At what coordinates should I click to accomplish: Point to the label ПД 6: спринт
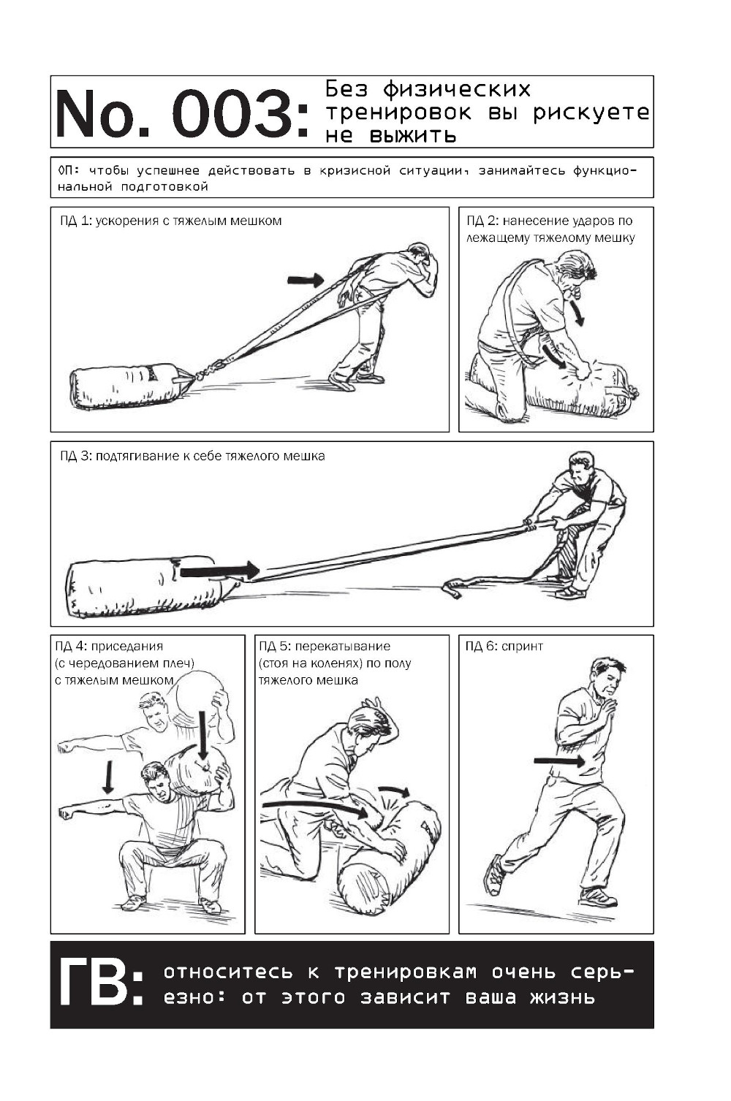(x=504, y=646)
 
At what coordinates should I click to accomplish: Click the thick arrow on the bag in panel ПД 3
(x=219, y=571)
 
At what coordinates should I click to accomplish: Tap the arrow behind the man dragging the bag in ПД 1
(x=305, y=280)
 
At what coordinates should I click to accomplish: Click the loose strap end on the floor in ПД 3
(x=452, y=588)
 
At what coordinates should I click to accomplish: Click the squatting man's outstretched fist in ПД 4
(x=64, y=812)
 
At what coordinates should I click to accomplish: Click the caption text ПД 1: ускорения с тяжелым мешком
(x=171, y=221)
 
